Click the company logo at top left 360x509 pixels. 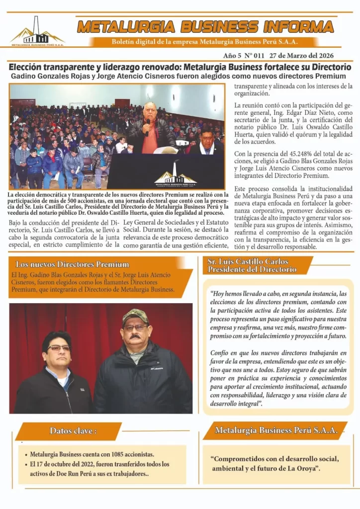coord(38,32)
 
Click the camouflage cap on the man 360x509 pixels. coord(135,316)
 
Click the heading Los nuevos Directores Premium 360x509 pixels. coord(73,264)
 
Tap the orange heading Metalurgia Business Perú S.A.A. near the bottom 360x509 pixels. coord(276,430)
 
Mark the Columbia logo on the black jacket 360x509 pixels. coord(158,368)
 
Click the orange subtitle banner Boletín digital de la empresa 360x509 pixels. coord(205,42)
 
